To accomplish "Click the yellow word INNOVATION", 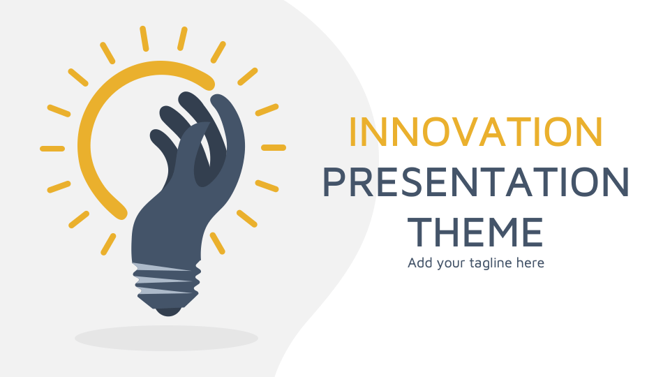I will pyautogui.click(x=475, y=133).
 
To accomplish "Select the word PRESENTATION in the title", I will pyautogui.click(x=475, y=182).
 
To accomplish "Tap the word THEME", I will pyautogui.click(x=475, y=232).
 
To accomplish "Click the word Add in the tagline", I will pyautogui.click(x=420, y=263).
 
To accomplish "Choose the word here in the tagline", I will pyautogui.click(x=530, y=263).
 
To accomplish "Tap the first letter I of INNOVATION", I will pyautogui.click(x=353, y=133).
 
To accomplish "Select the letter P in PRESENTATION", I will pyautogui.click(x=334, y=182).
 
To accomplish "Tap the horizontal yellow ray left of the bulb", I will pyautogui.click(x=52, y=149).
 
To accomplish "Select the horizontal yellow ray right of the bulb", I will pyautogui.click(x=274, y=148).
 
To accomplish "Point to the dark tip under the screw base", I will pyautogui.click(x=167, y=309).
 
